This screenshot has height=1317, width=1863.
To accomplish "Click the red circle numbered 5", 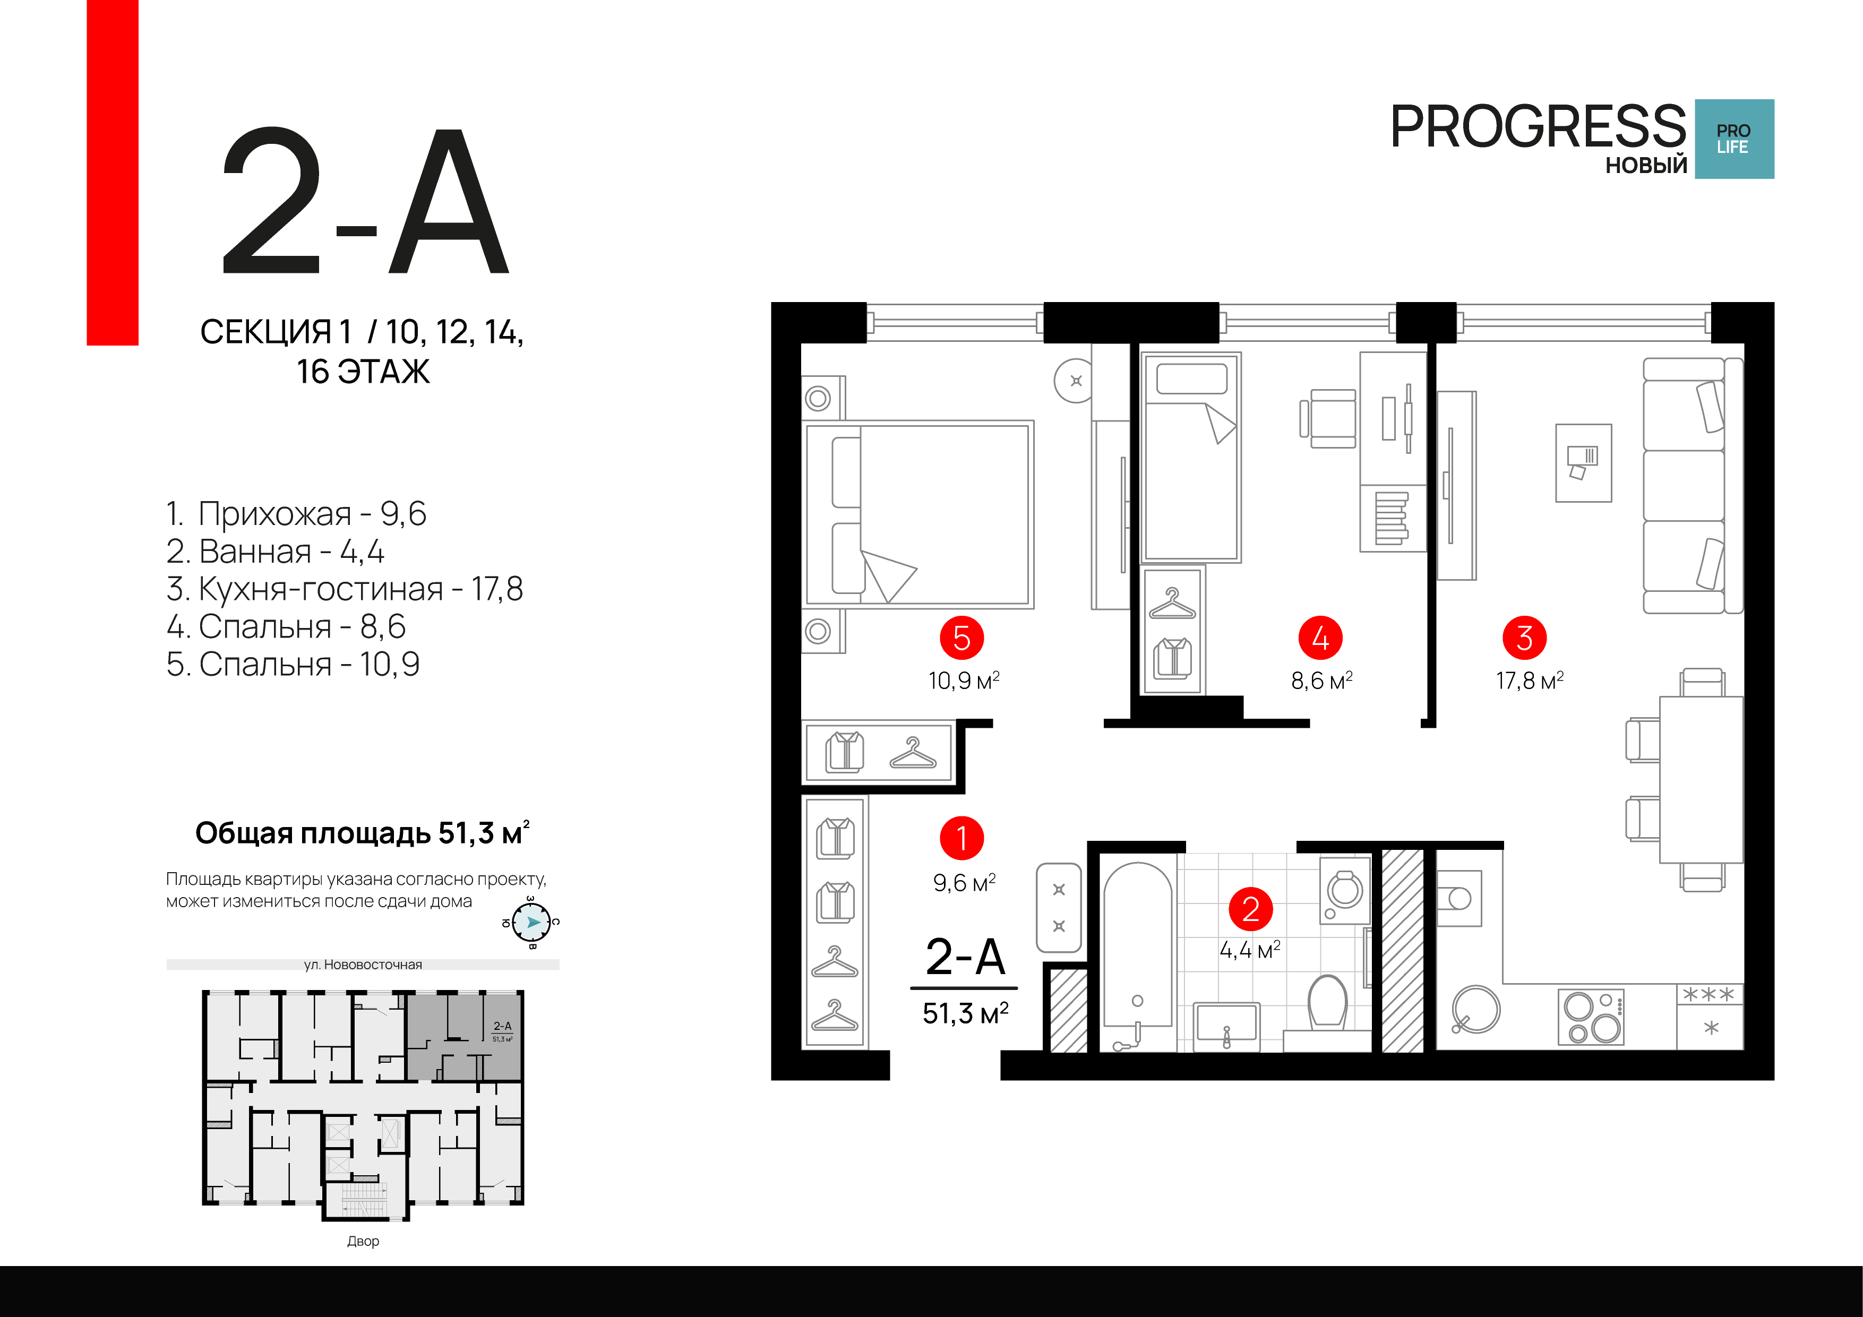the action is click(961, 638).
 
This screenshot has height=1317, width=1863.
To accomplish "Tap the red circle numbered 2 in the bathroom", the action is click(1250, 909).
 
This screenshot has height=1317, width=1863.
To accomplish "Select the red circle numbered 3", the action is click(1525, 638).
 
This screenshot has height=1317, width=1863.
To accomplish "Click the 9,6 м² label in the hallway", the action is click(964, 882).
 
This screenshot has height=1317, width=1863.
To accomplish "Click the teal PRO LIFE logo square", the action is click(1734, 139).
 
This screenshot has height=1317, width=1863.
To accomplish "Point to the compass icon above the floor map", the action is click(533, 923).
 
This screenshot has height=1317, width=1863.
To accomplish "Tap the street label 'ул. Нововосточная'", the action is click(363, 965).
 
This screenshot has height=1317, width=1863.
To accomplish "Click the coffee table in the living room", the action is click(1583, 462).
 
